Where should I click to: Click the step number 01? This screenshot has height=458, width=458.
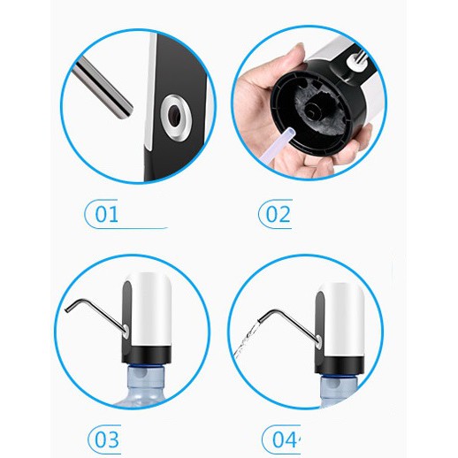tap(106, 214)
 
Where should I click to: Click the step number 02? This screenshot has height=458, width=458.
tap(278, 214)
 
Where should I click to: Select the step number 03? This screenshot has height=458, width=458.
tap(107, 439)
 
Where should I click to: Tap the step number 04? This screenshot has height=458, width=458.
tap(285, 439)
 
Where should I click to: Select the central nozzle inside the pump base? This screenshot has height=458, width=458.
tap(313, 110)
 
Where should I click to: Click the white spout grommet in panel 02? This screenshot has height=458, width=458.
tap(354, 61)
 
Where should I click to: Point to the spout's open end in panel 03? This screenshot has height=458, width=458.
tap(67, 309)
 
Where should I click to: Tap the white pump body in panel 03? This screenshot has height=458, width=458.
tap(151, 309)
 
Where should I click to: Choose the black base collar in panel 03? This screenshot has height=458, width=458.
tap(147, 355)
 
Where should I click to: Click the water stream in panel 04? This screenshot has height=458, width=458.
tap(246, 340)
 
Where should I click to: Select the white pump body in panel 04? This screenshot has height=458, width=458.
tap(343, 318)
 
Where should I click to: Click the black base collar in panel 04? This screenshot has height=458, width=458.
tap(340, 364)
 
